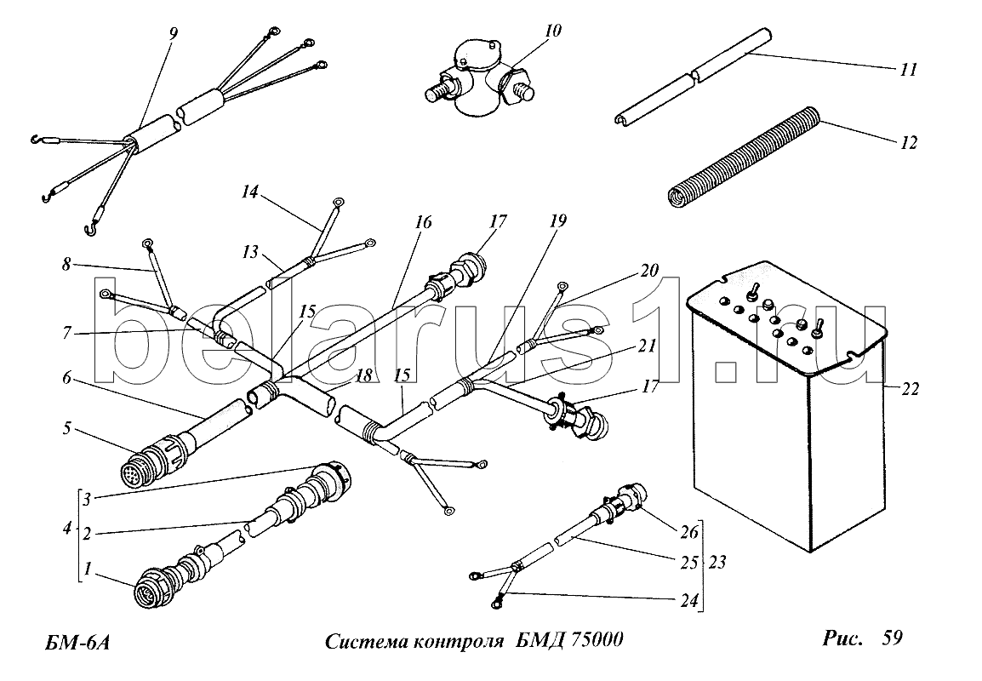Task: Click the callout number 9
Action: pyautogui.click(x=173, y=33)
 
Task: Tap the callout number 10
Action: pyautogui.click(x=553, y=30)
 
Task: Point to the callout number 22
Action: pyautogui.click(x=910, y=389)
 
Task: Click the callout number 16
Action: pyautogui.click(x=424, y=222)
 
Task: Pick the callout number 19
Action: pyautogui.click(x=558, y=220)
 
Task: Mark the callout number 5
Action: pyautogui.click(x=66, y=429)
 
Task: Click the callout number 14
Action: pyautogui.click(x=250, y=192)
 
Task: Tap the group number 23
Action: pyautogui.click(x=717, y=562)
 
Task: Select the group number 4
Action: pyautogui.click(x=67, y=528)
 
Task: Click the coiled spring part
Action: pyautogui.click(x=742, y=157)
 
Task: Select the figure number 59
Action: pyautogui.click(x=893, y=638)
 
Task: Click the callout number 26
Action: pyautogui.click(x=689, y=533)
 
